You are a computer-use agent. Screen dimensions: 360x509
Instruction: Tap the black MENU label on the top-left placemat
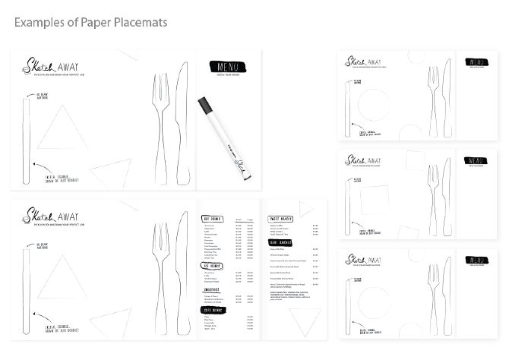tap(229, 67)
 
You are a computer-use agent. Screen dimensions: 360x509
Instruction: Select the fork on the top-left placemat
tap(162, 122)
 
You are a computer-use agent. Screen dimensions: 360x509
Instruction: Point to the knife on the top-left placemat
tap(182, 122)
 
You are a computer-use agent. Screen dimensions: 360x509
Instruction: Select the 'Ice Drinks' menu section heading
tap(211, 266)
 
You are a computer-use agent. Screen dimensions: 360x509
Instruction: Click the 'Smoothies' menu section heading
tap(211, 289)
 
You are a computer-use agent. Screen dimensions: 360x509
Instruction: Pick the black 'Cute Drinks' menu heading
tap(212, 310)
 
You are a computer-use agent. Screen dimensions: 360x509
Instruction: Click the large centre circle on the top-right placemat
tap(374, 104)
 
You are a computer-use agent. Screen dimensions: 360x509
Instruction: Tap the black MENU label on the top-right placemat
tap(476, 62)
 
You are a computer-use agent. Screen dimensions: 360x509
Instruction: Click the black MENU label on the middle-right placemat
tap(476, 161)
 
